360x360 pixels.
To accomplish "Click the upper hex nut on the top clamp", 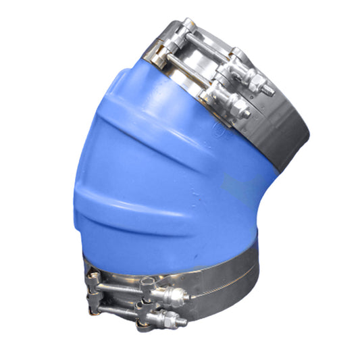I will (x=256, y=82).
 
